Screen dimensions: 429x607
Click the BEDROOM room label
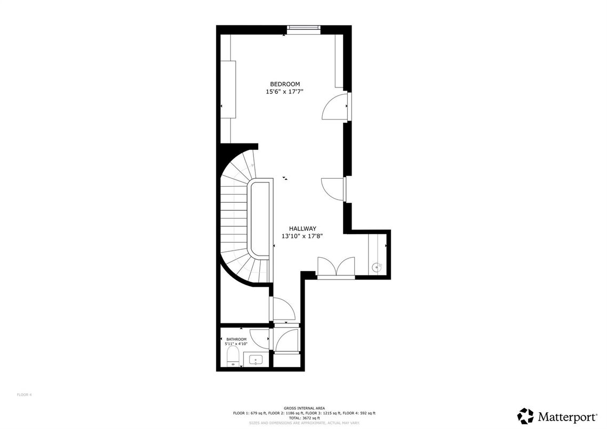(x=284, y=84)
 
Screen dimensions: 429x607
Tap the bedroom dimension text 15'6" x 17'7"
(x=284, y=92)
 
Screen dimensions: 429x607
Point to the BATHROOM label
(x=236, y=339)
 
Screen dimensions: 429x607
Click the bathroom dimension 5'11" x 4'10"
(x=236, y=345)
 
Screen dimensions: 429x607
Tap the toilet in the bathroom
(x=233, y=357)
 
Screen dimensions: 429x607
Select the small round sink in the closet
(x=378, y=267)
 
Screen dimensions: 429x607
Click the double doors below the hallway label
(x=336, y=267)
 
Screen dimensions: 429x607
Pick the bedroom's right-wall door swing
(x=334, y=107)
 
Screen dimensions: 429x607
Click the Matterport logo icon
(x=525, y=416)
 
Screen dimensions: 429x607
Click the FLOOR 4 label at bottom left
(x=25, y=395)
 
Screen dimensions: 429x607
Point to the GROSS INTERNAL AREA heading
(x=304, y=408)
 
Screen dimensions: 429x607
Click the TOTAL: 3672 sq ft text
(x=304, y=418)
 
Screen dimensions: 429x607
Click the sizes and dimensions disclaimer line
(x=304, y=423)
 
